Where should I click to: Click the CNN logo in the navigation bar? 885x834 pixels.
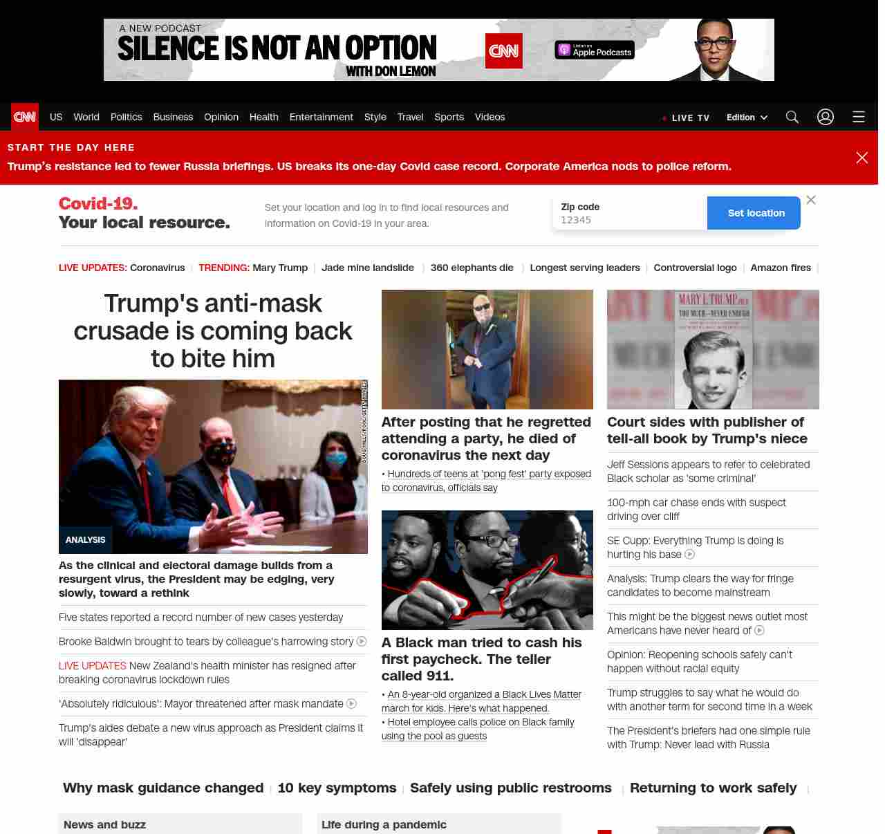coord(25,117)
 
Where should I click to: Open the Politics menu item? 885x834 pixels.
coord(126,117)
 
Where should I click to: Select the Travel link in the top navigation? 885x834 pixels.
coord(410,117)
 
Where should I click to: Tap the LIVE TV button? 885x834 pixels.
coord(686,118)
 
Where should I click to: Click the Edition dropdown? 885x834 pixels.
coord(747,118)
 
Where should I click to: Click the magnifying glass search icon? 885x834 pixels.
coord(792,117)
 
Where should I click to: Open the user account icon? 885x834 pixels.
coord(826,117)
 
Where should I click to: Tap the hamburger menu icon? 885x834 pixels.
coord(859,117)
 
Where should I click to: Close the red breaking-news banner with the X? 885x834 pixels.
coord(862,158)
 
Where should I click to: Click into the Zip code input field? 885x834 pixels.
coord(629,220)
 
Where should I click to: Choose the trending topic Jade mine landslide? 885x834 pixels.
coord(368,268)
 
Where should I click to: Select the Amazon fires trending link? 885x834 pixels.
coord(781,268)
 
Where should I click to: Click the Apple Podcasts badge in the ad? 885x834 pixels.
coord(595,50)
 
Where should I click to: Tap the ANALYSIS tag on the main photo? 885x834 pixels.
coord(86,540)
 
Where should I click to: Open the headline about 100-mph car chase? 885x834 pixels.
coord(696,510)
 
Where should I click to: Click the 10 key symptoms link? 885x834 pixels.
coord(337,788)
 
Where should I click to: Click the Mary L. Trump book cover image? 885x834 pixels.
coord(713,349)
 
